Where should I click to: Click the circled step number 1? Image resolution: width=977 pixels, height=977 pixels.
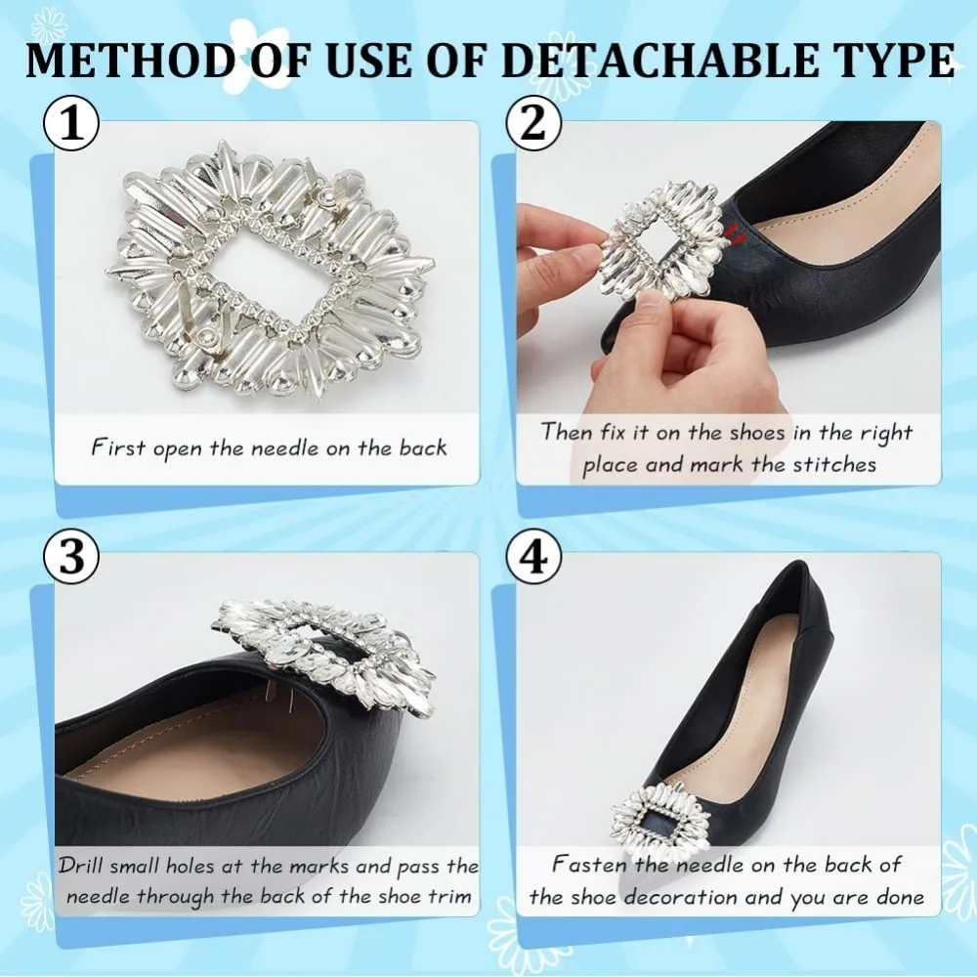(71, 124)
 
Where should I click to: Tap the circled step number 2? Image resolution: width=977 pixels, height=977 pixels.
(533, 124)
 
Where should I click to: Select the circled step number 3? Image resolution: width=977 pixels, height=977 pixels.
(71, 557)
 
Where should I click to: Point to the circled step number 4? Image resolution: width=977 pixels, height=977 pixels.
(533, 557)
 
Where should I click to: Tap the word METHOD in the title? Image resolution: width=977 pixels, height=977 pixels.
(128, 61)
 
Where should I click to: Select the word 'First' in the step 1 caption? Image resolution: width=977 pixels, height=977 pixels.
(118, 447)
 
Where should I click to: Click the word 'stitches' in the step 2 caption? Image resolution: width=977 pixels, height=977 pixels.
(834, 465)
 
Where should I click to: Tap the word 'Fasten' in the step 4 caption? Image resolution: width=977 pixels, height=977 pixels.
(589, 865)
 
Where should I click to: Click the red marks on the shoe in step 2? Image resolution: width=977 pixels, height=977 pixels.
(732, 232)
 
